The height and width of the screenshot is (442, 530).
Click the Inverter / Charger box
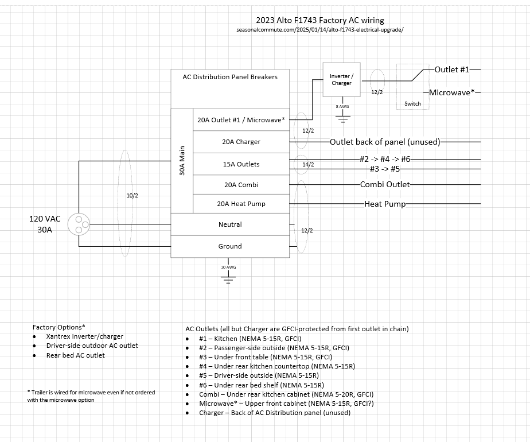pyautogui.click(x=342, y=79)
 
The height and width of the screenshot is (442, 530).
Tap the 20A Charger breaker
pyautogui.click(x=241, y=142)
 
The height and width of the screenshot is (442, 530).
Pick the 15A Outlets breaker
pyautogui.click(x=241, y=164)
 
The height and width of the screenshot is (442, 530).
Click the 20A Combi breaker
pyautogui.click(x=241, y=185)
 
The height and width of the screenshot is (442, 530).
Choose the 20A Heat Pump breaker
pyautogui.click(x=241, y=204)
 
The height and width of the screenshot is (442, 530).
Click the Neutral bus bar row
pyautogui.click(x=230, y=224)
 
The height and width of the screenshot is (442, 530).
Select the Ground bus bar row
pyautogui.click(x=230, y=246)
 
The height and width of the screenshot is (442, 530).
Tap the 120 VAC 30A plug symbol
pyautogui.click(x=79, y=224)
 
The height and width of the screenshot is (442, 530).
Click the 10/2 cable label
pyautogui.click(x=132, y=196)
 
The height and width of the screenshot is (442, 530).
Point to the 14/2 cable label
pyautogui.click(x=308, y=165)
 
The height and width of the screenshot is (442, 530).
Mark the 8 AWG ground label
pyautogui.click(x=342, y=107)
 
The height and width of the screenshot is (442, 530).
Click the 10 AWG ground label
pyautogui.click(x=228, y=267)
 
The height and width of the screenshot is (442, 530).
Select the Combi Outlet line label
pyautogui.click(x=385, y=184)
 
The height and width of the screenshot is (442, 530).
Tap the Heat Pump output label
pyautogui.click(x=385, y=204)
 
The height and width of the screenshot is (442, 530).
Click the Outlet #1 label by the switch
pyautogui.click(x=452, y=69)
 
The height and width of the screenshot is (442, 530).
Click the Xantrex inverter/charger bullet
pyautogui.click(x=85, y=336)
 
